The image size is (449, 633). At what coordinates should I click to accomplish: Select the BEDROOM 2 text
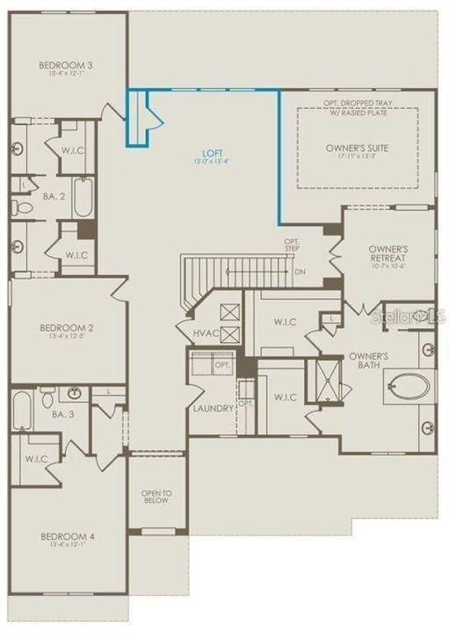pos(67,328)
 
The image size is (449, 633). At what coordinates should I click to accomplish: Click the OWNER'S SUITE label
pos(356,148)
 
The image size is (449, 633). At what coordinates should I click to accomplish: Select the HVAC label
pos(208,333)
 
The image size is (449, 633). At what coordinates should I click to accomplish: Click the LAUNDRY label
pos(214,409)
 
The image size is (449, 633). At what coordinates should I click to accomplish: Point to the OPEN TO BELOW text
pos(156,498)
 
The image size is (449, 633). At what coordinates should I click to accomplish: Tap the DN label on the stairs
pos(300,272)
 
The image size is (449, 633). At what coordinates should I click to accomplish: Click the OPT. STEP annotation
pos(292,245)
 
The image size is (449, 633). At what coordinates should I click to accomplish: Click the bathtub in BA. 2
pos(83,198)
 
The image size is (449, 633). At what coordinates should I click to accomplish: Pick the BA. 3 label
pos(61,414)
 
